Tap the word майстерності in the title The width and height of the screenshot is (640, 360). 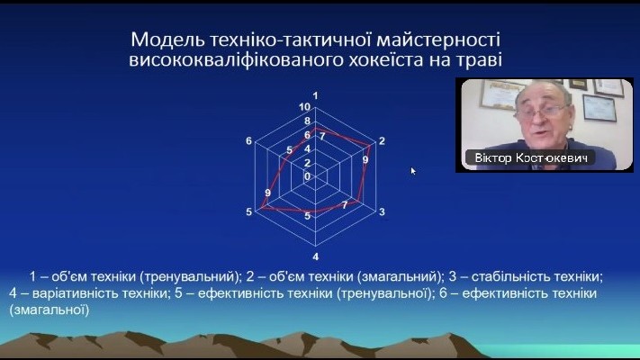click(438, 40)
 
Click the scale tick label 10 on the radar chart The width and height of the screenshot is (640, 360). click(304, 107)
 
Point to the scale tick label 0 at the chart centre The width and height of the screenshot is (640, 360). click(307, 176)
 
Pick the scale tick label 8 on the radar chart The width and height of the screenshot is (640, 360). click(307, 121)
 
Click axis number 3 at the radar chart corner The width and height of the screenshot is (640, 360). click(382, 211)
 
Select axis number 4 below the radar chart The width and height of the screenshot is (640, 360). click(316, 256)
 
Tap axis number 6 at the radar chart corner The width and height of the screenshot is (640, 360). click(249, 140)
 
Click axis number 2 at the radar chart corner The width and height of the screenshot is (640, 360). click(382, 140)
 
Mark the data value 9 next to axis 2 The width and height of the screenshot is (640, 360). click(365, 159)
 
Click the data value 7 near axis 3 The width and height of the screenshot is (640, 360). click(345, 204)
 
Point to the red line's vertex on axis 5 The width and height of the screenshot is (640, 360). click(262, 208)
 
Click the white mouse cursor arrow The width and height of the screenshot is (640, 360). click(413, 171)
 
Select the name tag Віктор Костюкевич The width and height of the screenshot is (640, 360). click(531, 158)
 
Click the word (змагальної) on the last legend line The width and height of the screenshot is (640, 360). click(49, 310)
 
